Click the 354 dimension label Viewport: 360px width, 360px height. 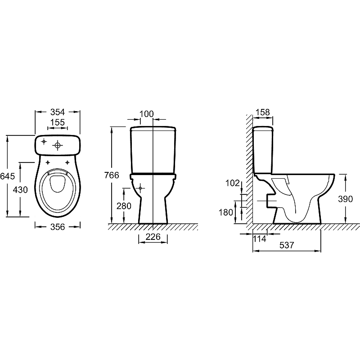click(x=58, y=112)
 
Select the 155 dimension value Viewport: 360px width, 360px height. click(x=58, y=122)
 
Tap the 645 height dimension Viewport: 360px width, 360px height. click(x=7, y=176)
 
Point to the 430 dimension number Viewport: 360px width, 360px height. click(x=20, y=190)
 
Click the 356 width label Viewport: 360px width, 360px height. click(x=58, y=227)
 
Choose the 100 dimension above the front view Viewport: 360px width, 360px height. click(x=147, y=114)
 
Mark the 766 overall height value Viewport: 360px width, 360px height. click(x=112, y=175)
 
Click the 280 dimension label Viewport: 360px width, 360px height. click(x=124, y=206)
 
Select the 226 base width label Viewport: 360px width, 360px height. click(x=153, y=237)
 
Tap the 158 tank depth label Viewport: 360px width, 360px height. click(x=263, y=112)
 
